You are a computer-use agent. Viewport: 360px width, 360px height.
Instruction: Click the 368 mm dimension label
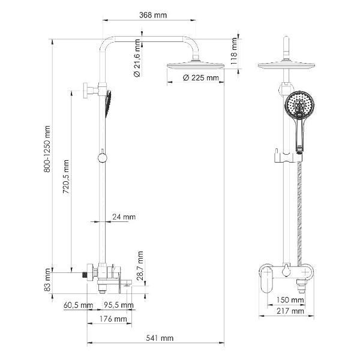153,15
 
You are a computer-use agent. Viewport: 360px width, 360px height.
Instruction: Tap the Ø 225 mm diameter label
201,78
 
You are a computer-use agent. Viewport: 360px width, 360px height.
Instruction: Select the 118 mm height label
234,51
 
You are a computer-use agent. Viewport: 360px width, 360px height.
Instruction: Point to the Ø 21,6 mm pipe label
137,58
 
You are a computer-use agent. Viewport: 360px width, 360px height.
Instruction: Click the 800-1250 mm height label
47,149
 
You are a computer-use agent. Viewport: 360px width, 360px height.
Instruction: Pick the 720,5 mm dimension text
66,177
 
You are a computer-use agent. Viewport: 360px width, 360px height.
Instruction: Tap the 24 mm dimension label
124,217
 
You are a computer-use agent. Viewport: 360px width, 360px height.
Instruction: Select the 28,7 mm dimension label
140,266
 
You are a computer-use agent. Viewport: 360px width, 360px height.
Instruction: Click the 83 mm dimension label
47,280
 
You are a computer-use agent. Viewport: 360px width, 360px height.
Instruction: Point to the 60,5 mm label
78,305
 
